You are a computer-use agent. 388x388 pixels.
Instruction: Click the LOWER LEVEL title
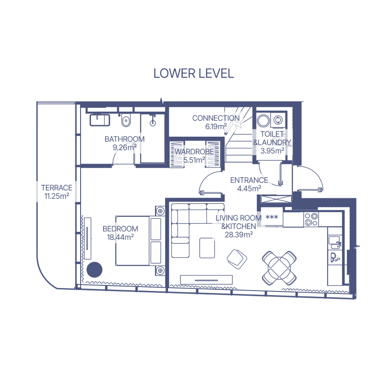tap(194, 73)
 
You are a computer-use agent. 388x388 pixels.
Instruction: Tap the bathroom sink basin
tap(100, 120)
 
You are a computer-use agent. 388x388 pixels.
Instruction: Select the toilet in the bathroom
tap(126, 120)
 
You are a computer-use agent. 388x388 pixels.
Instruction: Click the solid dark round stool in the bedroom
tap(94, 269)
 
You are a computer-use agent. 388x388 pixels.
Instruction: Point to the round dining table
tap(279, 268)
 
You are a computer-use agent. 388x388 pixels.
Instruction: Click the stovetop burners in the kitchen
tap(311, 219)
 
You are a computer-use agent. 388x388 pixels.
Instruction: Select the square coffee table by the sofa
tap(207, 248)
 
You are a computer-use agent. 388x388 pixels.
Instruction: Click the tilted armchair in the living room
tap(237, 259)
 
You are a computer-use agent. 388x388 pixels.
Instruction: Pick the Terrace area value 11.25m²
tap(56, 196)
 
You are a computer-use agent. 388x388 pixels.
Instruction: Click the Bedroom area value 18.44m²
tap(120, 237)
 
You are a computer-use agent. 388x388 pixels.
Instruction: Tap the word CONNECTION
tap(216, 118)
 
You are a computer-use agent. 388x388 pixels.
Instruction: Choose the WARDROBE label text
tap(194, 151)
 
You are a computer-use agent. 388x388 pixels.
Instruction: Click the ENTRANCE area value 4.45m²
tap(249, 188)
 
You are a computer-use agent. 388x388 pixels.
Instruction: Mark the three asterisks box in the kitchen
tap(272, 218)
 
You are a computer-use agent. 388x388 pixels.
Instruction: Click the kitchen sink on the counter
tap(335, 242)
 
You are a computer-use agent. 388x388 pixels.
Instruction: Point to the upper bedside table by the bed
tap(160, 211)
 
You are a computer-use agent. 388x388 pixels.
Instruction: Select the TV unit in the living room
tap(207, 280)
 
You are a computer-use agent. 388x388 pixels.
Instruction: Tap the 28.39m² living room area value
tap(239, 235)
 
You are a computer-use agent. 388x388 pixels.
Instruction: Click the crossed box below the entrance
tap(275, 199)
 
